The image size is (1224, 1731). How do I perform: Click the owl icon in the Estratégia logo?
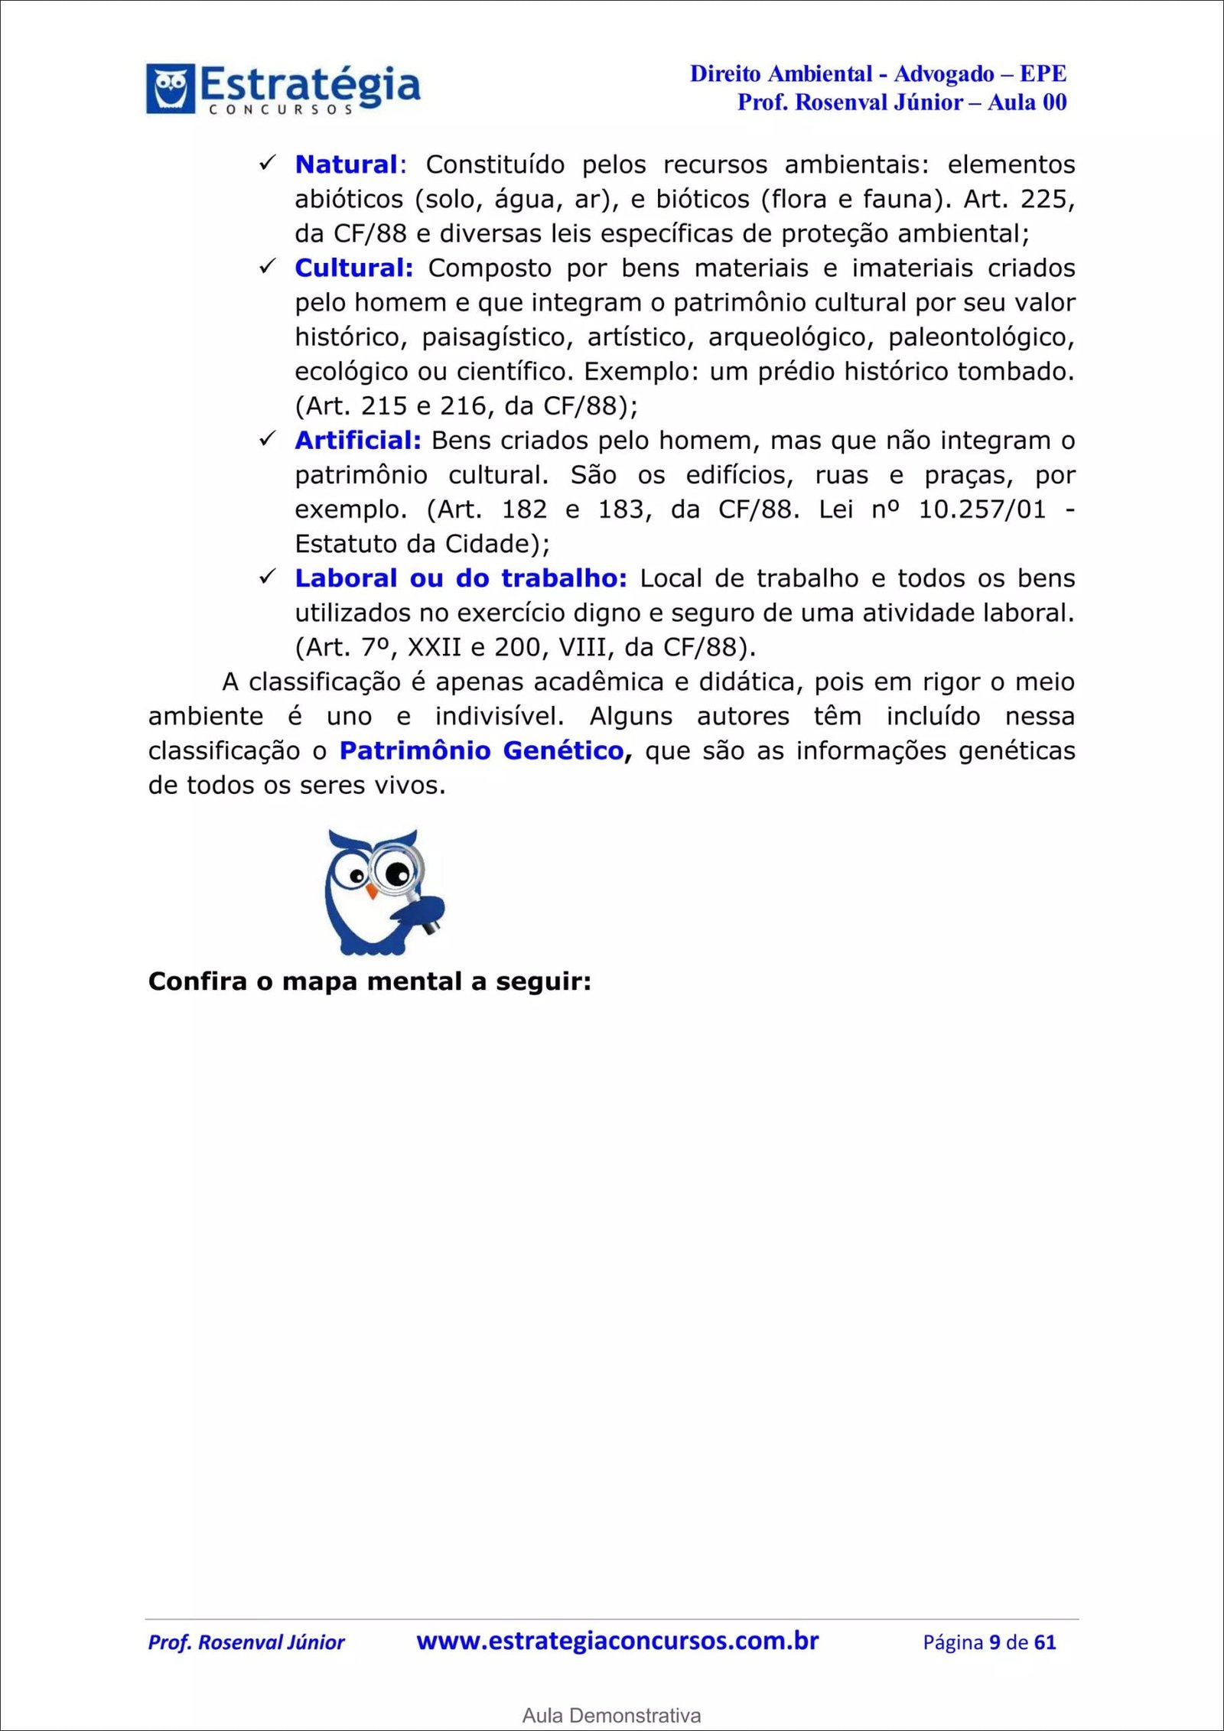click(170, 88)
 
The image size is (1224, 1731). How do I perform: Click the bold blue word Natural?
click(346, 164)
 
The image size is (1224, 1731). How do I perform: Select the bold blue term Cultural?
click(353, 268)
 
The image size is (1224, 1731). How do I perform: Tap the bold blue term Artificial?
click(357, 441)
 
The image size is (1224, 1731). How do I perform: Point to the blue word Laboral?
click(346, 578)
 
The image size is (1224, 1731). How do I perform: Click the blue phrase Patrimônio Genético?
click(482, 750)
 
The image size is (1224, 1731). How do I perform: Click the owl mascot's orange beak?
click(372, 890)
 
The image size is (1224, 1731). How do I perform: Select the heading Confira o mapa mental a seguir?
click(369, 981)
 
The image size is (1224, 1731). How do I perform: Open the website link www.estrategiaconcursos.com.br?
click(617, 1642)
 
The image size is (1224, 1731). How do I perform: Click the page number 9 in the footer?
click(994, 1642)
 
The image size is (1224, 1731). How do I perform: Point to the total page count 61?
click(1045, 1642)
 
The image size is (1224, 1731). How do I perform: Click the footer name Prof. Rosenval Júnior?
click(246, 1642)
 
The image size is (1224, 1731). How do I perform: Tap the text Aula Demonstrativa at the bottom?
click(611, 1716)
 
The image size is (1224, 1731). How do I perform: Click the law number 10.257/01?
click(981, 509)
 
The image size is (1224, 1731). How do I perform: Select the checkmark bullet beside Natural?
click(267, 163)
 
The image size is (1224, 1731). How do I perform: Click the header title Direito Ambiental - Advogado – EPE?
click(877, 74)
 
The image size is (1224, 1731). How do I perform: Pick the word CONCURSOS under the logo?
click(281, 110)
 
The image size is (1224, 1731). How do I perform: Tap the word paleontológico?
click(981, 337)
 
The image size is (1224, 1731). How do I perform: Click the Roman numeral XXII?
click(435, 648)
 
